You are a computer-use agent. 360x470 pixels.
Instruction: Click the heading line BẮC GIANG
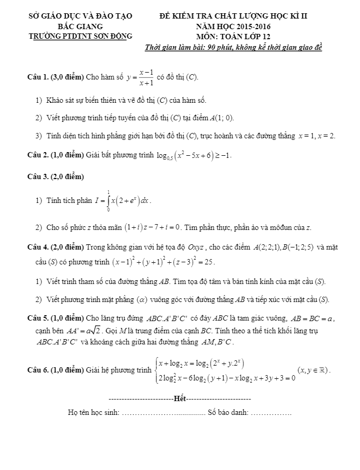(81, 26)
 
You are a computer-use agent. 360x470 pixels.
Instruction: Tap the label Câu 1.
(38, 77)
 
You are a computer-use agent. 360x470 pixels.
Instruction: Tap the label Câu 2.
(38, 156)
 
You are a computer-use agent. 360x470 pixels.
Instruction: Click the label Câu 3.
(38, 176)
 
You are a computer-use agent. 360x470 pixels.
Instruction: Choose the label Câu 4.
(38, 247)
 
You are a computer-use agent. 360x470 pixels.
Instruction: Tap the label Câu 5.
(38, 318)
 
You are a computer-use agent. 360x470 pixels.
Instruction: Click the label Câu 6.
(38, 370)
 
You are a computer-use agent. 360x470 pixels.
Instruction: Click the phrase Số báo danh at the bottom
(228, 412)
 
